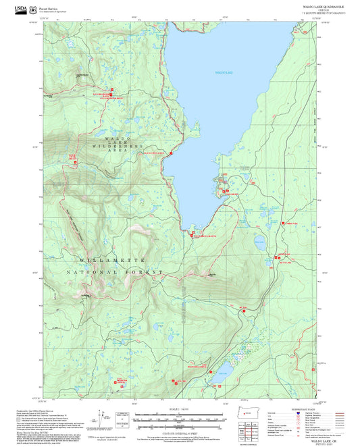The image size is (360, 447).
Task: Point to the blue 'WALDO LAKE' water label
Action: pyautogui.click(x=224, y=72)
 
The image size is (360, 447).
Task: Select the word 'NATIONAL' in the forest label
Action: pyautogui.click(x=92, y=271)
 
